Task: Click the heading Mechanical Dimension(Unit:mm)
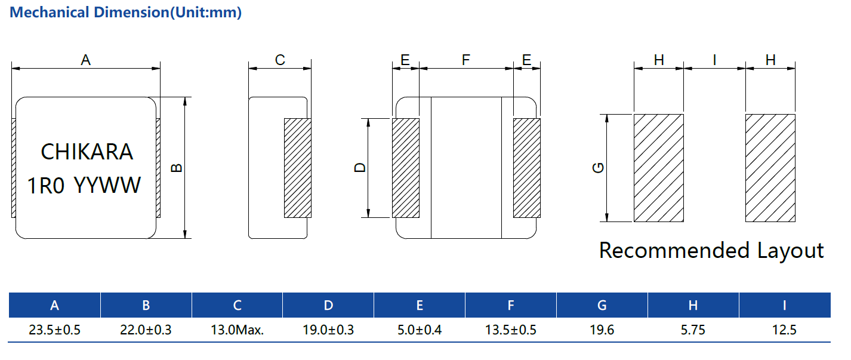pos(126,13)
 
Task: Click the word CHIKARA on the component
pos(87,152)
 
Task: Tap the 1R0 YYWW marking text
pos(85,186)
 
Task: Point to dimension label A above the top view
pos(86,60)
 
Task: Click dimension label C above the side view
pos(280,60)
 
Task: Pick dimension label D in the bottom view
pos(360,168)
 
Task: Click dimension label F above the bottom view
pos(466,60)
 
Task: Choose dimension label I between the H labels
pos(714,60)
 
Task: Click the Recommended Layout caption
pos(711,250)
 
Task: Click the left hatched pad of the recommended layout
pos(658,168)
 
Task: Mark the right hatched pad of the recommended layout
pos(770,168)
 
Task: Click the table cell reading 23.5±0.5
pos(54,330)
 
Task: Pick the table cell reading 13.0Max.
pos(237,330)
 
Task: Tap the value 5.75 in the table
pos(693,330)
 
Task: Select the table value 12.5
pos(784,330)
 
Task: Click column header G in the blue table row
pos(602,305)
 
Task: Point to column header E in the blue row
pos(420,305)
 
